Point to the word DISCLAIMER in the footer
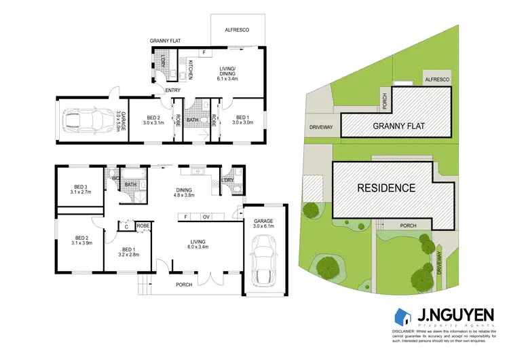tap(406, 331)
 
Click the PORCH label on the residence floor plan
tap(184, 285)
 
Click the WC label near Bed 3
tap(115, 178)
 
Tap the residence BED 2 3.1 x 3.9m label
tap(81, 239)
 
